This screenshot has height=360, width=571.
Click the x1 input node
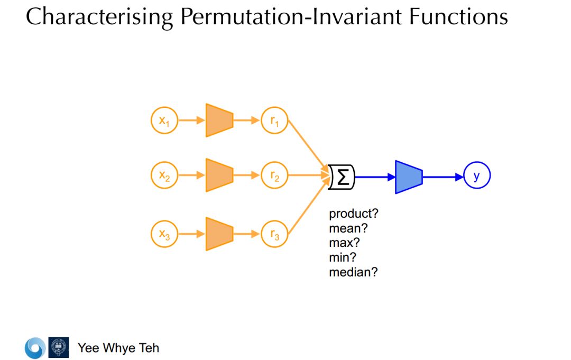point(164,121)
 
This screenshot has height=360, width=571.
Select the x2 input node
point(164,175)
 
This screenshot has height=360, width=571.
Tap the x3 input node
point(164,234)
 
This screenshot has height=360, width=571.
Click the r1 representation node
point(275,121)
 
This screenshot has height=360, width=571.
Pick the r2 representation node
point(275,175)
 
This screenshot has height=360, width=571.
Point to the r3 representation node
point(275,234)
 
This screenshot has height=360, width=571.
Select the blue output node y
point(477,176)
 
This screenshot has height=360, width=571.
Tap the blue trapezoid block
point(409,177)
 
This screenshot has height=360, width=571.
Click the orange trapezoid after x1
point(219,121)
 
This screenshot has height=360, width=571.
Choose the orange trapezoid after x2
point(219,174)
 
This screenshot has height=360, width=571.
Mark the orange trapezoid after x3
point(219,233)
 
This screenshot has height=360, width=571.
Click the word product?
point(354,214)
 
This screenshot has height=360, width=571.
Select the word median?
point(353,273)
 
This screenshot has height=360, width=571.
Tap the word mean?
point(347,229)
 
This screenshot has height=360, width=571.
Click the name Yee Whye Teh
point(118,348)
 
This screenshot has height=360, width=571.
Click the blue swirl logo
point(35,348)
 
